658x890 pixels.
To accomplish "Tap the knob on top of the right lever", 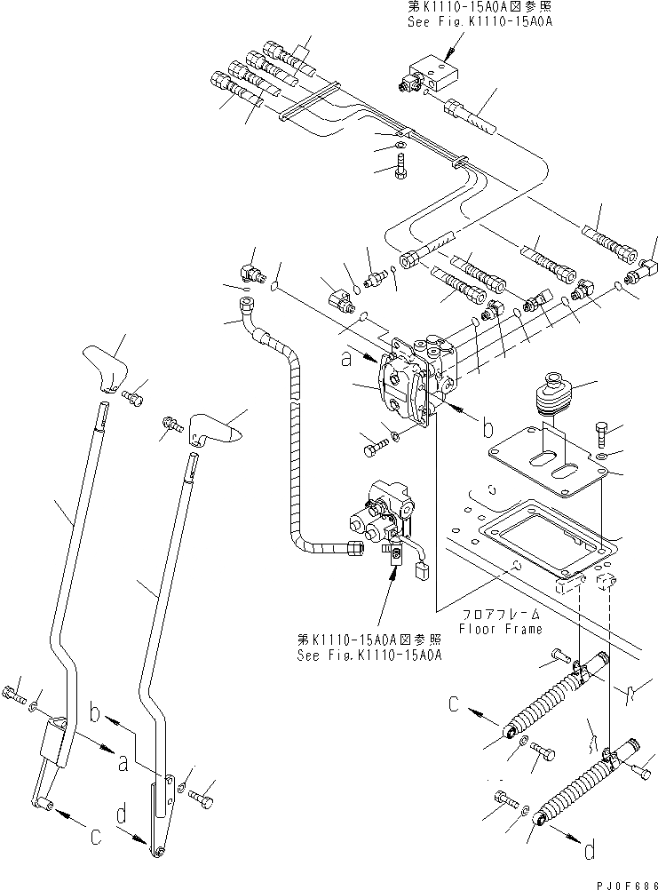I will (x=216, y=429).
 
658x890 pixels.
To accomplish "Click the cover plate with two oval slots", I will (x=543, y=465).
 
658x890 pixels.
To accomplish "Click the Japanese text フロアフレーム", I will (x=497, y=614).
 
